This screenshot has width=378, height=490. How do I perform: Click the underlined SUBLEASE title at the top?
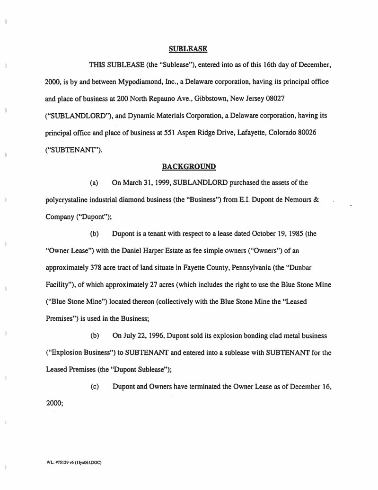(x=188, y=48)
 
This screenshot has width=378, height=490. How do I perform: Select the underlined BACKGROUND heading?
(x=189, y=166)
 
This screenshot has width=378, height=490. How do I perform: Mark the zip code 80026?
(x=304, y=133)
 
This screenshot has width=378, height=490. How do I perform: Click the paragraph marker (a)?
(x=94, y=183)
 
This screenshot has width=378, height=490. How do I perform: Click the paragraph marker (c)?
(x=94, y=387)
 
